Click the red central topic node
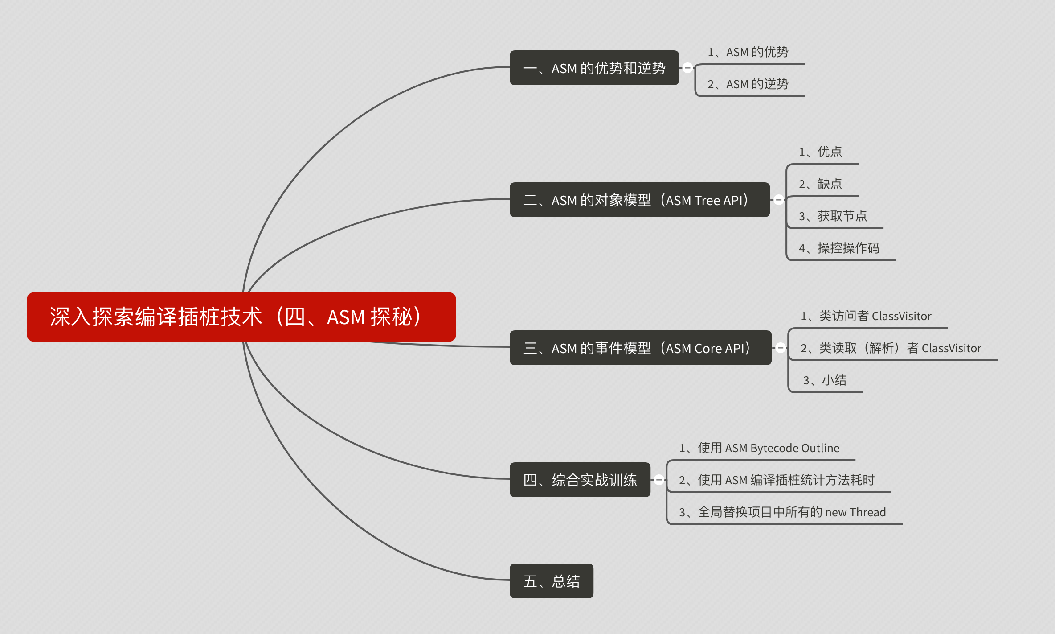point(241,317)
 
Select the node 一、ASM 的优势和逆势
point(594,68)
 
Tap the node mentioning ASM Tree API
point(639,200)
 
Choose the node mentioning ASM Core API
point(640,348)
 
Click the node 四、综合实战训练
point(580,480)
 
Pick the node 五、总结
point(551,581)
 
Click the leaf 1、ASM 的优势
point(748,52)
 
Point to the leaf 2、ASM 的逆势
point(748,84)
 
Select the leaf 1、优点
point(820,152)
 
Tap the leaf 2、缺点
point(820,184)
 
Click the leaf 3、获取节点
point(833,216)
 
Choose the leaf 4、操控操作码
point(839,248)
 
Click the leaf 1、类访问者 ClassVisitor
point(866,316)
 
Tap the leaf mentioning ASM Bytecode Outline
point(759,448)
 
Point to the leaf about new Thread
point(782,512)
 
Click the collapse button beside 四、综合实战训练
point(659,480)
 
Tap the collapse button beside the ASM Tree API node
point(779,200)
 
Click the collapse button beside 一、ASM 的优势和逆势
point(687,68)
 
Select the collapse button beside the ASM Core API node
point(781,348)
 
